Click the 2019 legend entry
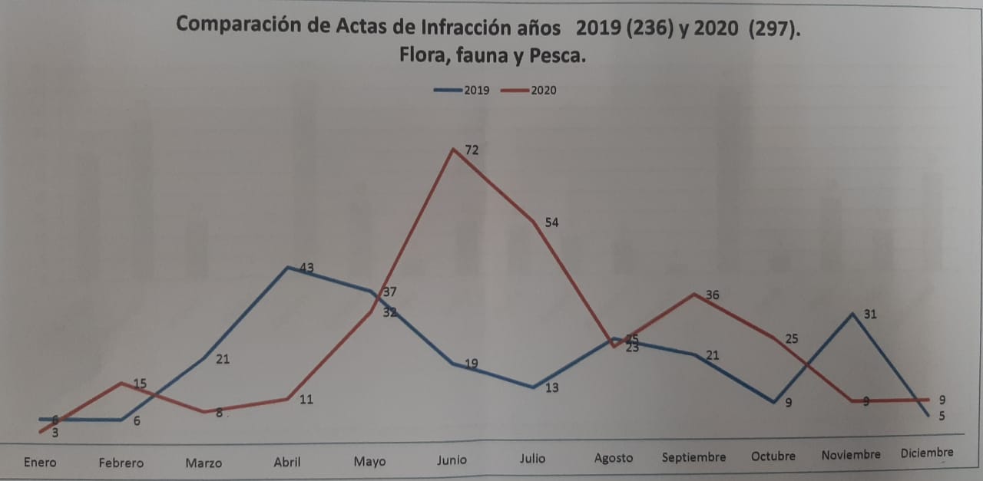[x=459, y=90]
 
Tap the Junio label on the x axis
[x=452, y=460]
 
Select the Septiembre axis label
[x=693, y=457]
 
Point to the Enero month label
[x=40, y=462]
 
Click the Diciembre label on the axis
[x=927, y=453]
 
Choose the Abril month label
[x=287, y=462]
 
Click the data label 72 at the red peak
[x=472, y=150]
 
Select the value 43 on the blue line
[x=306, y=268]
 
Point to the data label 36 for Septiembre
[x=712, y=295]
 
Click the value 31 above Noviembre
[x=869, y=314]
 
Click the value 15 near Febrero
[x=139, y=384]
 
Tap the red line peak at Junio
[x=454, y=149]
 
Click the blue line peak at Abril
[x=287, y=267]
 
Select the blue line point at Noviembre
[x=852, y=314]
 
